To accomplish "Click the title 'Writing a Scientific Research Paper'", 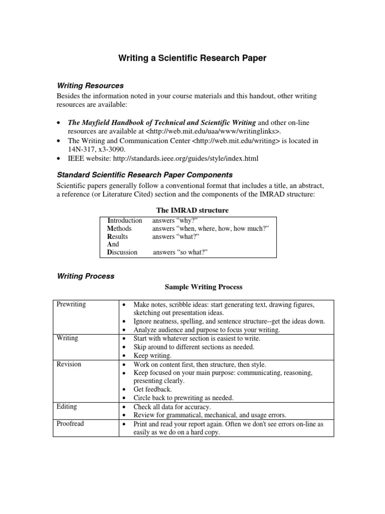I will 192,59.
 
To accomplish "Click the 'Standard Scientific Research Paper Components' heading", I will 144,175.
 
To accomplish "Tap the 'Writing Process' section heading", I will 85,276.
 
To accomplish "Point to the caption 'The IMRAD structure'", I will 192,210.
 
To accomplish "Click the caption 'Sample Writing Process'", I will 204,287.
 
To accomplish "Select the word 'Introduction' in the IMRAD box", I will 125,220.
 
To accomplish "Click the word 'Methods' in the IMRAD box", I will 119,228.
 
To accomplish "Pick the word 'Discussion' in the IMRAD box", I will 122,252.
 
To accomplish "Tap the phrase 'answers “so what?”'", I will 180,252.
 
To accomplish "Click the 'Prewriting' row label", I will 72,305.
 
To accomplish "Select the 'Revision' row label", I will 69,364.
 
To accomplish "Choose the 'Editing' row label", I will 67,407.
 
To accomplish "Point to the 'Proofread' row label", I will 71,424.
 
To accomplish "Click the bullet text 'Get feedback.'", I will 152,390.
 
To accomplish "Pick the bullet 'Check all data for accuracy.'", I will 172,407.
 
